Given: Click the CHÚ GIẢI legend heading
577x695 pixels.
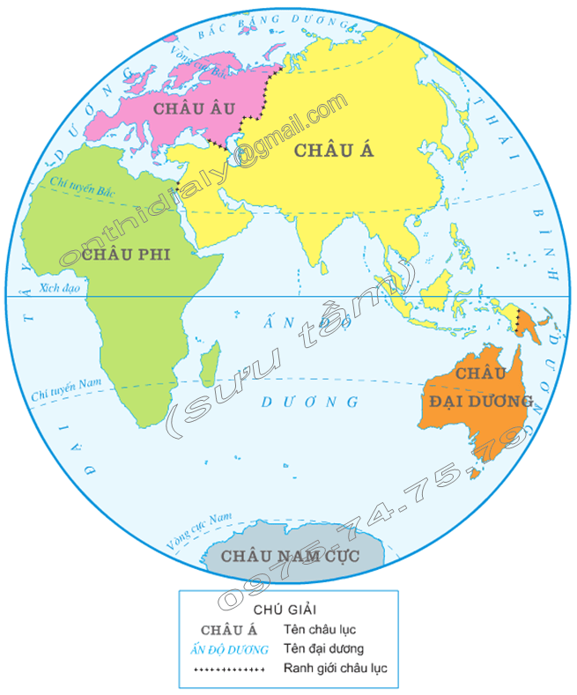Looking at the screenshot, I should tap(285, 609).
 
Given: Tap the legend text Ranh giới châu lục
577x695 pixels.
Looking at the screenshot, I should tap(336, 669).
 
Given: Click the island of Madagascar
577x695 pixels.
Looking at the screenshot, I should tap(211, 363).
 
